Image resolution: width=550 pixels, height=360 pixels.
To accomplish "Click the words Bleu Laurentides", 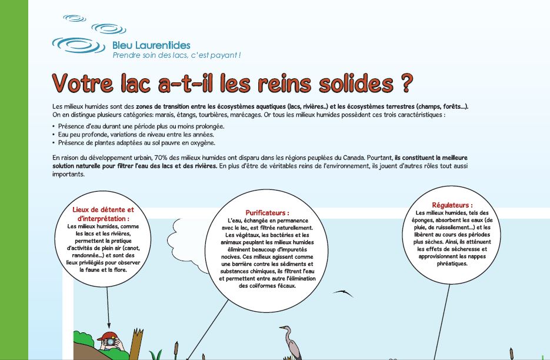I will pos(151,45).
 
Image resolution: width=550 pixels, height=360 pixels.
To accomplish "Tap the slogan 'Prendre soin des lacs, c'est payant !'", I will pos(176,55).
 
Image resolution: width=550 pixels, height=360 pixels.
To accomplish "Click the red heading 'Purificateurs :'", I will pos(267,212).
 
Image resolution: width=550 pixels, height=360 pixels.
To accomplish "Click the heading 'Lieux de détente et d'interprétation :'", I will pos(103,214).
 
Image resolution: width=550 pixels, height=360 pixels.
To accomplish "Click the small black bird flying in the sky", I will pos(342,292).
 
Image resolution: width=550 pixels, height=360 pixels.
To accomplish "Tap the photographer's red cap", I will pos(108,337).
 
